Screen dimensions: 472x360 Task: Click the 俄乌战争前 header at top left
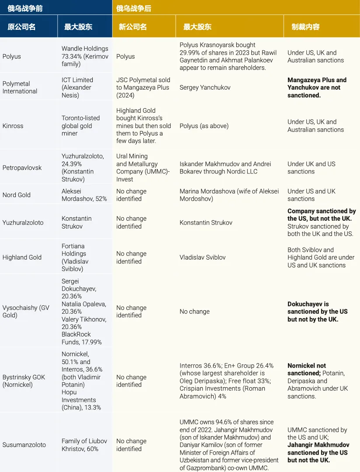point(25,8)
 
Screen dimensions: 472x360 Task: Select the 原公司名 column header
point(21,27)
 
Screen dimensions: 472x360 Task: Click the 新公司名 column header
point(132,27)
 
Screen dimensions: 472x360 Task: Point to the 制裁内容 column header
point(305,27)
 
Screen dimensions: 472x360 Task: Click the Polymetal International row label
point(20,87)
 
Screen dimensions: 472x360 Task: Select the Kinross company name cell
point(13,126)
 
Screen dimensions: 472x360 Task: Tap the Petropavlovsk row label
point(22,168)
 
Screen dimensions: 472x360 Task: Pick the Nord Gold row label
point(17,195)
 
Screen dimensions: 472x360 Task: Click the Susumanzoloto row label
point(24,445)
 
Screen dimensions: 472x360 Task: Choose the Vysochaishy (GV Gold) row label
point(26,311)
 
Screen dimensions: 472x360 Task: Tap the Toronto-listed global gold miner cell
point(80,126)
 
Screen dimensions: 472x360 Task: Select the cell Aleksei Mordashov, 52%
point(84,195)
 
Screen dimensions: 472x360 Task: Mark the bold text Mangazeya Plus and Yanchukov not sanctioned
point(317,87)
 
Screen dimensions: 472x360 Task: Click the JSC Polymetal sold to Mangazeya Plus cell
point(143,87)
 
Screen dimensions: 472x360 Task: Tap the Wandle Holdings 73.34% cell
point(85,56)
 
